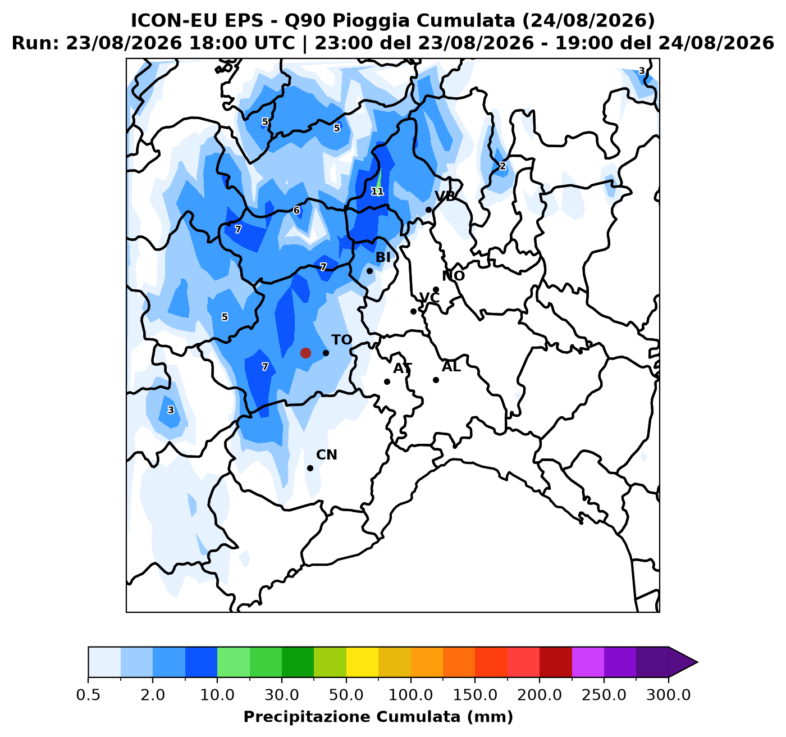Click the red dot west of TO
(x=305, y=353)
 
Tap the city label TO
(x=341, y=340)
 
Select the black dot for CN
(x=310, y=468)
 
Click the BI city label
(x=383, y=257)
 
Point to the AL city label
(x=451, y=367)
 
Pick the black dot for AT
(x=387, y=381)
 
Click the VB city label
(x=445, y=196)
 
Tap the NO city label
(x=453, y=276)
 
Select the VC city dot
(x=413, y=311)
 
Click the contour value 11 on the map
(x=377, y=192)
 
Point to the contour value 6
(x=296, y=210)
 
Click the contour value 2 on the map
(x=502, y=166)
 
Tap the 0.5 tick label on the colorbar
(x=88, y=695)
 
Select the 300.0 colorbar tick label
(x=669, y=695)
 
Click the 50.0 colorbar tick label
(x=346, y=695)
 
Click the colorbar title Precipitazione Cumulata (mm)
(x=378, y=717)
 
